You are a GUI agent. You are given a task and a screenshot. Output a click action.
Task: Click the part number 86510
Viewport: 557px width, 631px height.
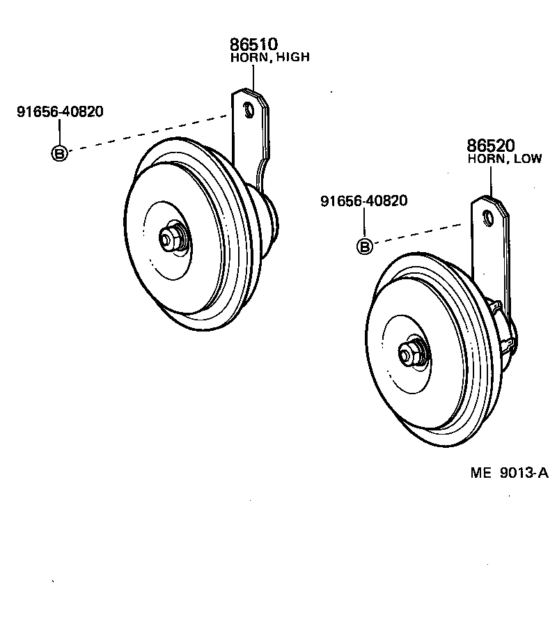(x=253, y=45)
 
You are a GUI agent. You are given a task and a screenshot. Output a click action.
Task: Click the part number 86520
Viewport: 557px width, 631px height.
(x=490, y=146)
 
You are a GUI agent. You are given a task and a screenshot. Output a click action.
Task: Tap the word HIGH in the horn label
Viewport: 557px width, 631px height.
(x=292, y=58)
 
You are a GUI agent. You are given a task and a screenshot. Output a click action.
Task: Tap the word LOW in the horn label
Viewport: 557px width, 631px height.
(x=527, y=159)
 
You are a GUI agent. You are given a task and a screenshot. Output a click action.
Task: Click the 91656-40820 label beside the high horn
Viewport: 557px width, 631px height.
(x=60, y=111)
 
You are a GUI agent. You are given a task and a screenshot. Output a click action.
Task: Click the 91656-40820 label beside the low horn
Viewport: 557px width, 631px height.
(x=363, y=201)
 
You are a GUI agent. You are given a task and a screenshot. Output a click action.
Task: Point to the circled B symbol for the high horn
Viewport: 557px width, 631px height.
(x=60, y=153)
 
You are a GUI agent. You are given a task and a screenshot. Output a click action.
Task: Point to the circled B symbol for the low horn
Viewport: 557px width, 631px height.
(x=363, y=245)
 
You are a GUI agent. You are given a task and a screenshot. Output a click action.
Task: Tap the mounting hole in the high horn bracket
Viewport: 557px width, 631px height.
(x=247, y=109)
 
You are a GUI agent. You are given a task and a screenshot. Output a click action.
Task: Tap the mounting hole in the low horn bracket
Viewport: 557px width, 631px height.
(x=488, y=217)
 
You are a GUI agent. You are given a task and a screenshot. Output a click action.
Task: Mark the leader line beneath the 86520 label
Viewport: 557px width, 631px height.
(x=490, y=181)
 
